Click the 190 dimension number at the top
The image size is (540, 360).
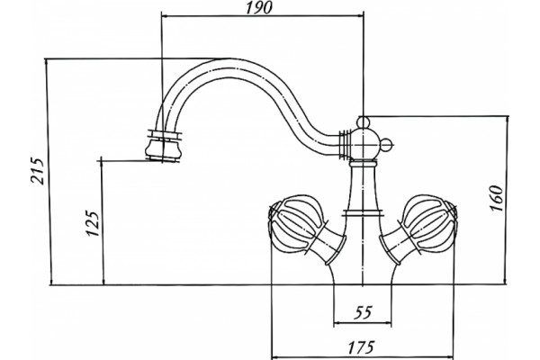pos(258,7)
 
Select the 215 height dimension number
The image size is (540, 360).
pos(37,171)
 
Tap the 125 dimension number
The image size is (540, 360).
pos(93,223)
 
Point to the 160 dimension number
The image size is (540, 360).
pos(496,198)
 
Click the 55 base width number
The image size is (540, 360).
pos(364,312)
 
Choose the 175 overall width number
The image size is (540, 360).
pos(361,347)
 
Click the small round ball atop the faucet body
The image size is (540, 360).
pos(363,122)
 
